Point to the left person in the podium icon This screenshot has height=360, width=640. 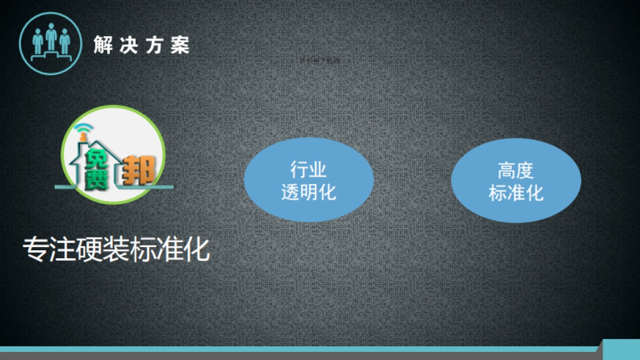point(38,42)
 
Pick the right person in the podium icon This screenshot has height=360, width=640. point(65,42)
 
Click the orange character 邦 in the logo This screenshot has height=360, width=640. point(139,171)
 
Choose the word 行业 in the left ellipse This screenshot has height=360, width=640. point(308,170)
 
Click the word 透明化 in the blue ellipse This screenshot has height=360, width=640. point(308,191)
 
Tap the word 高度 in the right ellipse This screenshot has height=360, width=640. point(516,171)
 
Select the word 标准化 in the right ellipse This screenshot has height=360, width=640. point(516,193)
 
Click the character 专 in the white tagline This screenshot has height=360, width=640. point(35,249)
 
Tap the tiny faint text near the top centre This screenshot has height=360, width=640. point(323,61)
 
